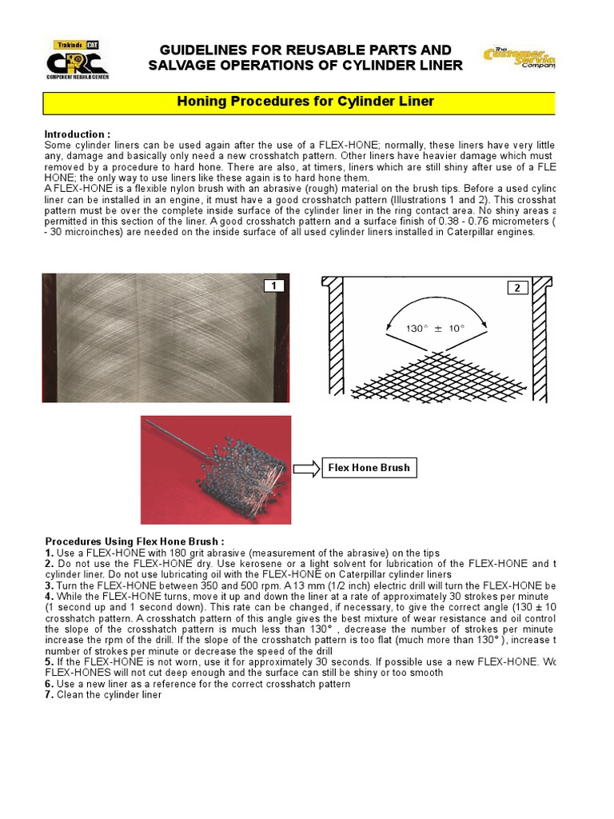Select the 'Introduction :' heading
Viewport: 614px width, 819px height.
[77, 134]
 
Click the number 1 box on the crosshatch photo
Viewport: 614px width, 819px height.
[274, 286]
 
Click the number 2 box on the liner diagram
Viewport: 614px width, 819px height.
[516, 288]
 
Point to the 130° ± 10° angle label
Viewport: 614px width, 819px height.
[436, 328]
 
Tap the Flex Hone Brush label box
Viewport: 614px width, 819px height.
[369, 468]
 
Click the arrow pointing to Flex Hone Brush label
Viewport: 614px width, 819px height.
[306, 469]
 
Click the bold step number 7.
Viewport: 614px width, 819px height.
[50, 695]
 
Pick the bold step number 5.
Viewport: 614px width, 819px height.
[50, 662]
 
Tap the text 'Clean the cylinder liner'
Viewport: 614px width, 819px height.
[109, 695]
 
